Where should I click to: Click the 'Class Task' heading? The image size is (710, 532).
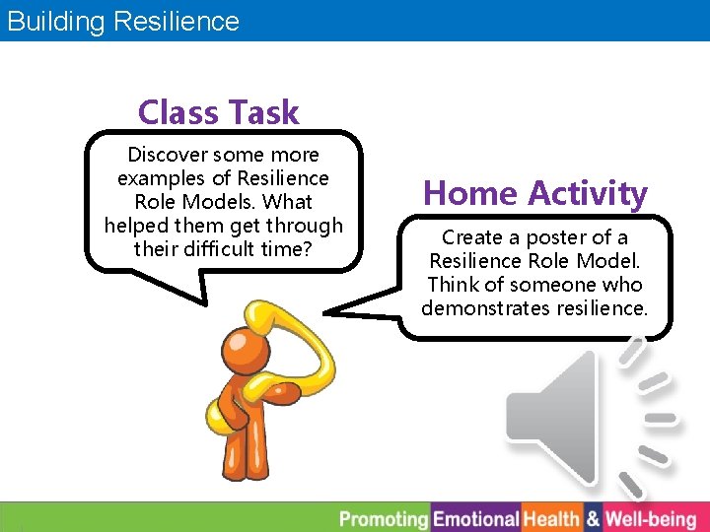pos(218,112)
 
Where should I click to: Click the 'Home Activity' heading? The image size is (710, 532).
pos(535,193)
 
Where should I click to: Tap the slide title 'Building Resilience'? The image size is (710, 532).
pos(123,21)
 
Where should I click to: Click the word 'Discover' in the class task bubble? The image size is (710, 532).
pos(168,155)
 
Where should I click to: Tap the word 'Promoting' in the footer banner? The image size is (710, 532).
pos(384,518)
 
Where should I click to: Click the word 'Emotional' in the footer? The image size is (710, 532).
pos(476,518)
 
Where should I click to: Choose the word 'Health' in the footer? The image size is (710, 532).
pos(551,518)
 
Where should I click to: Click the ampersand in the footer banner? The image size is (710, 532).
pos(593,518)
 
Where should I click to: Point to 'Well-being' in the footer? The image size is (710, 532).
pos(650,518)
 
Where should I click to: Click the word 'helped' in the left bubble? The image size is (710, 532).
pos(136,226)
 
